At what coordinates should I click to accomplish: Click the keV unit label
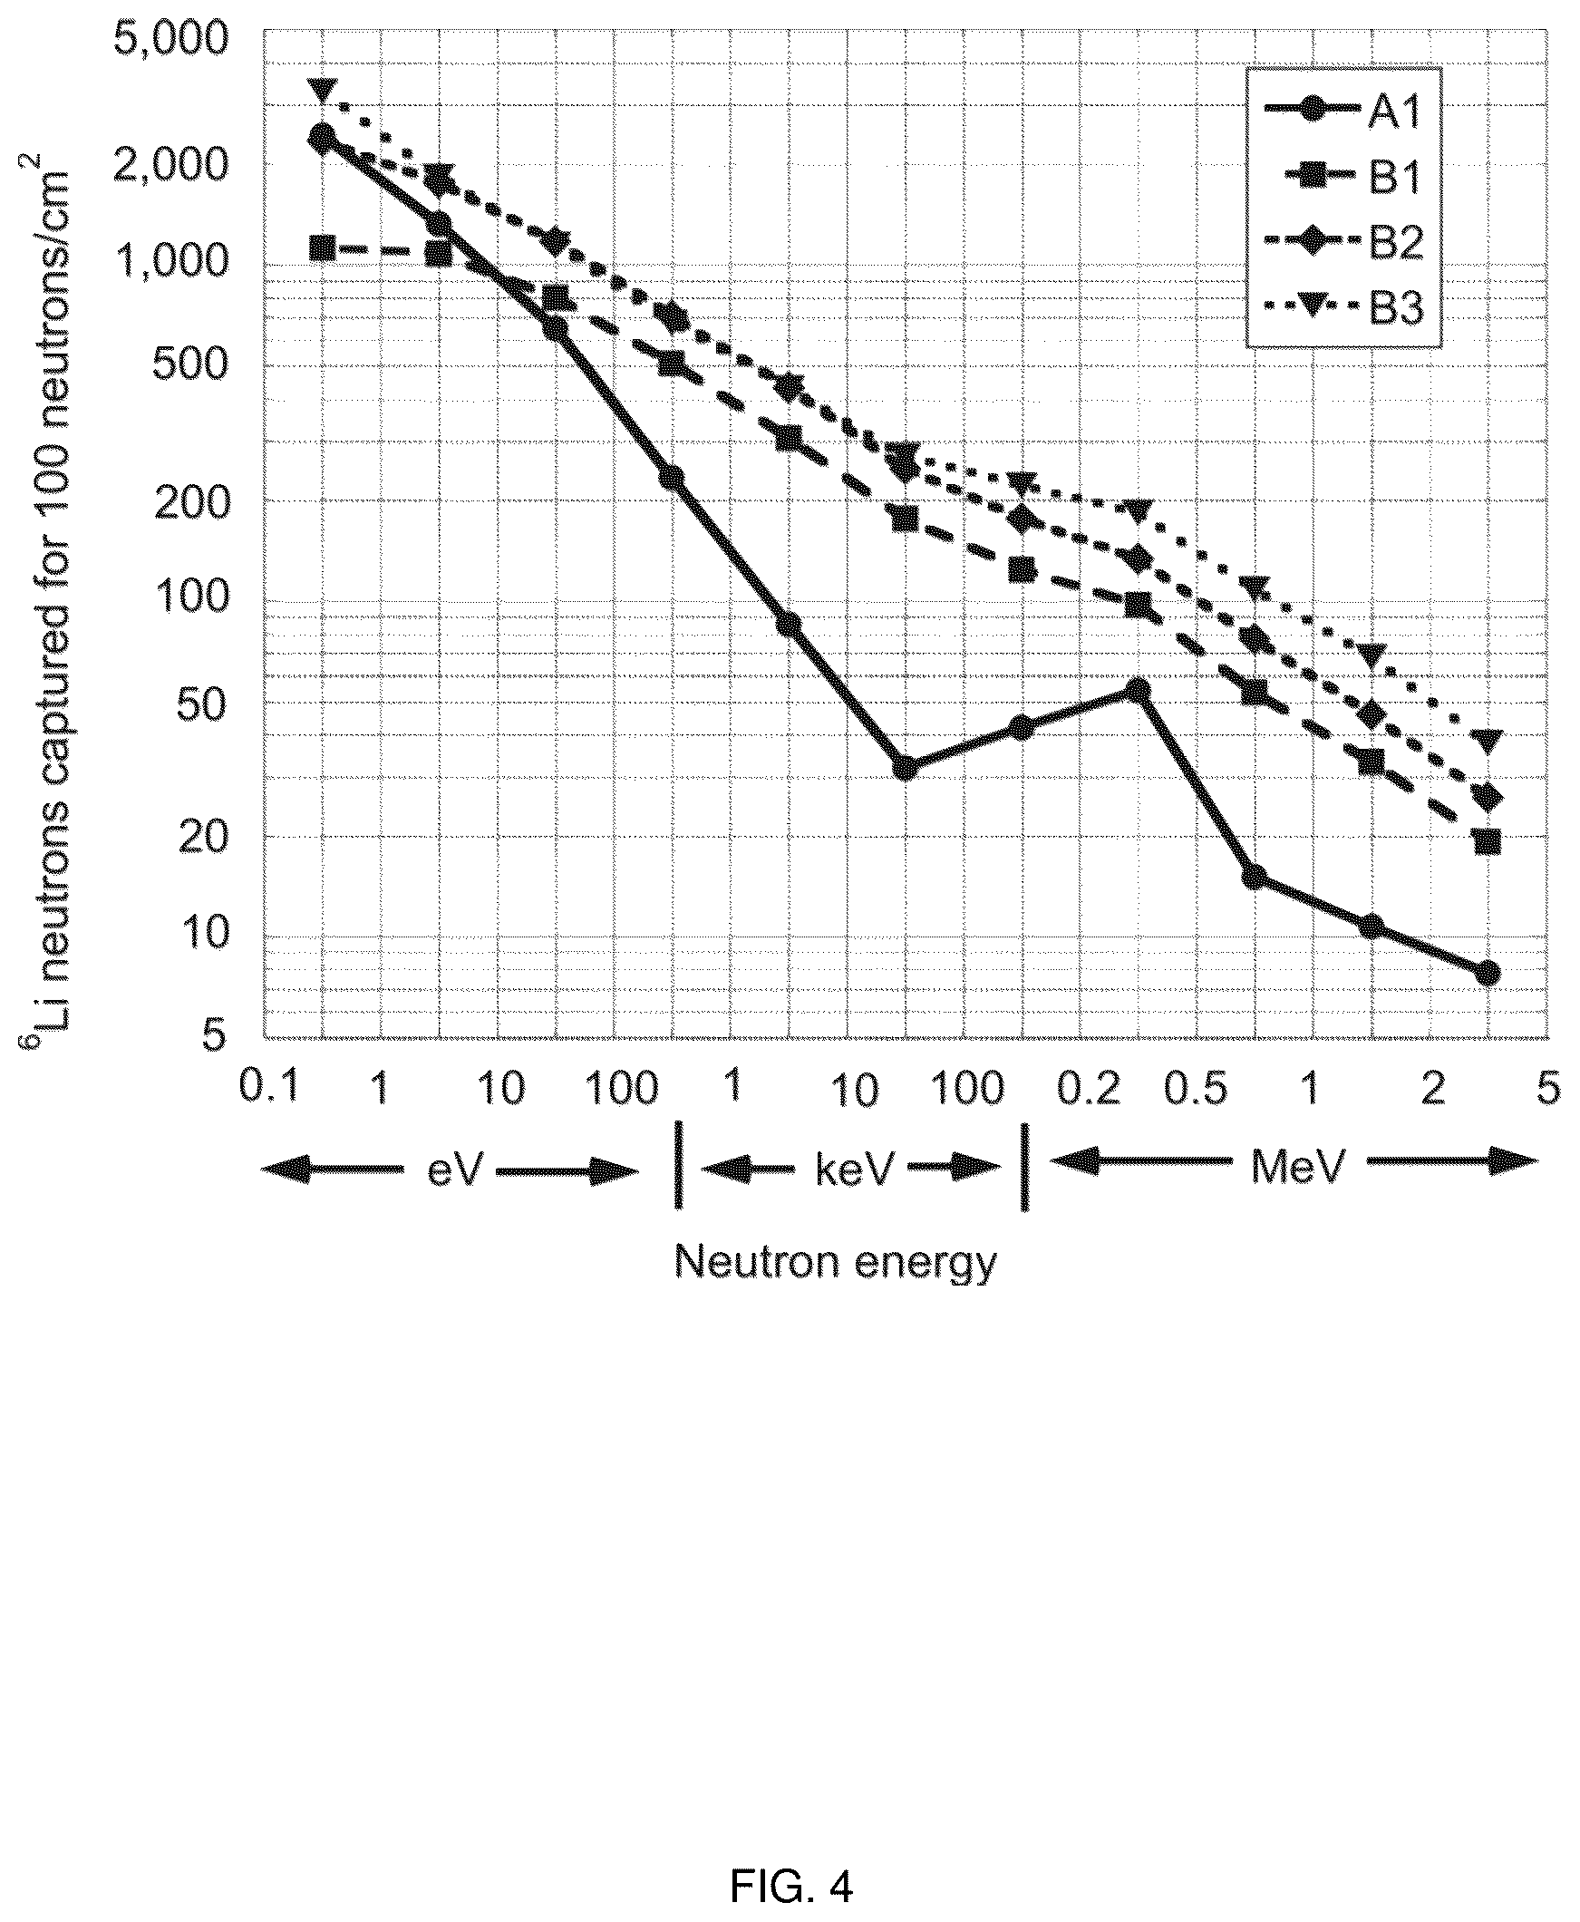[855, 1170]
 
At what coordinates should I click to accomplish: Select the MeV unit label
[1297, 1168]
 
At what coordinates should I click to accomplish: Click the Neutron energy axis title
[836, 1263]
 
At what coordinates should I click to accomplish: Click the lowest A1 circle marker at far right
[1488, 973]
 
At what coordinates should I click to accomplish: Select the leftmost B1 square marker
[320, 247]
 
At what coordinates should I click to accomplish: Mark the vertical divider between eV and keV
[678, 1166]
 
